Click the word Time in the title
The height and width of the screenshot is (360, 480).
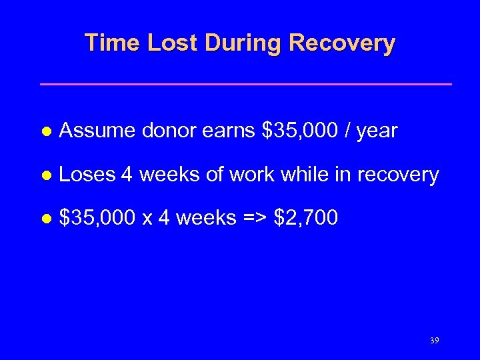click(111, 43)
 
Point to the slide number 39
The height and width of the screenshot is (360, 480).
click(435, 341)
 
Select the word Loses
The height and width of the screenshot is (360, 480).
click(88, 175)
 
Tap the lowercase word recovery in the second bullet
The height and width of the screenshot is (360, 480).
click(398, 176)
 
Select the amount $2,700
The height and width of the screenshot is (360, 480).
click(306, 218)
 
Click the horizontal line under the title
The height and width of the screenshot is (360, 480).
click(246, 84)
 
